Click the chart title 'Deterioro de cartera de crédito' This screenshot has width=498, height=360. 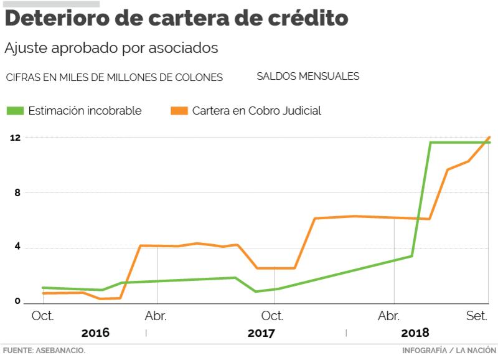point(176,19)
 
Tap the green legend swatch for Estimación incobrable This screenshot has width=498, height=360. point(16,111)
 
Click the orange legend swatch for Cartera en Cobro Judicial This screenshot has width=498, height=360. point(179,111)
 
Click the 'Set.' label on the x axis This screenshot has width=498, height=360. point(477,316)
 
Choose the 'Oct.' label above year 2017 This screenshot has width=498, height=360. point(273,316)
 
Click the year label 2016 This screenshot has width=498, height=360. point(95,333)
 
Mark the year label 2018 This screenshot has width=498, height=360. point(415,333)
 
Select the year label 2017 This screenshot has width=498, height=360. point(261,333)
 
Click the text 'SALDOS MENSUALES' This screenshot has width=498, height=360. point(308,76)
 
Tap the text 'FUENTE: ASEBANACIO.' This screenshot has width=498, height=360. point(43,350)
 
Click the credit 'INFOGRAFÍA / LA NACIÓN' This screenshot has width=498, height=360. point(449,350)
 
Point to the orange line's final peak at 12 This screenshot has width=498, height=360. point(489,137)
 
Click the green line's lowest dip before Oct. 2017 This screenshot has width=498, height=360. point(255,291)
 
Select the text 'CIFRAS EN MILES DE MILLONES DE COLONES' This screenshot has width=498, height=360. point(114,77)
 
